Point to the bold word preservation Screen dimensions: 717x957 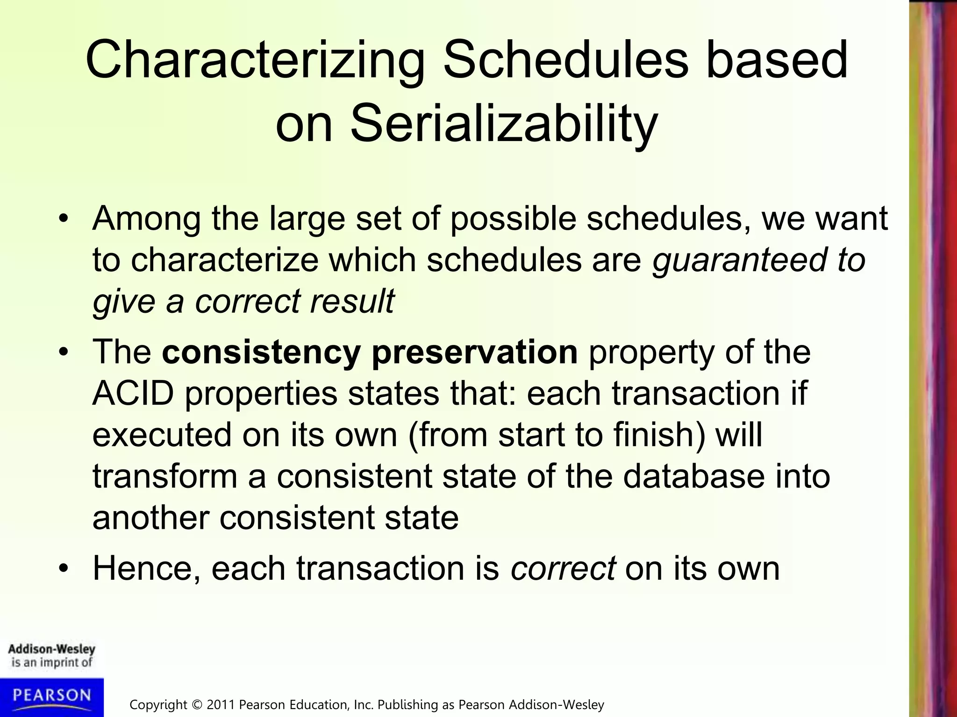click(x=474, y=352)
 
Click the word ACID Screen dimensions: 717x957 click(x=133, y=394)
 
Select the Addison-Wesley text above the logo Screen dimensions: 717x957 click(x=51, y=649)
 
